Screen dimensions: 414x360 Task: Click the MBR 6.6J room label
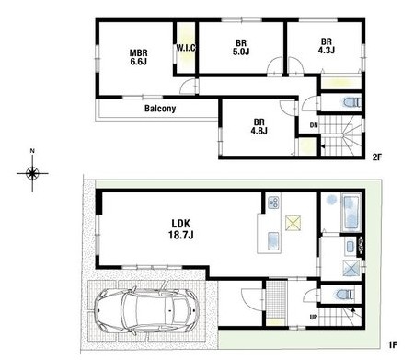coord(138,57)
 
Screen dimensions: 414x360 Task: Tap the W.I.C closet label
coord(186,48)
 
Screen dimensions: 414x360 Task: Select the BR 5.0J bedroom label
coord(241,47)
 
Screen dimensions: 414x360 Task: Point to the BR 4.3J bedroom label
coord(326,45)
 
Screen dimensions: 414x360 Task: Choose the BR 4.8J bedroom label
coord(259,126)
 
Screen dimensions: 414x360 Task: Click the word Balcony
coord(160,109)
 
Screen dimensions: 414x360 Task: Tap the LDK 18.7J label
coord(180,229)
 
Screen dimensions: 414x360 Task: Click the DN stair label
coord(314,125)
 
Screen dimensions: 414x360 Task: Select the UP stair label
coord(314,317)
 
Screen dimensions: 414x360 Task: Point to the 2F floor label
coord(376,157)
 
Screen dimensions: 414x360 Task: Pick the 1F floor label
coord(393,344)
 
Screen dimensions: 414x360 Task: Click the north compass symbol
coord(32,173)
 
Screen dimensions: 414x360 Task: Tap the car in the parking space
coord(146,310)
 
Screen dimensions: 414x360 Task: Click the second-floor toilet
coord(351,102)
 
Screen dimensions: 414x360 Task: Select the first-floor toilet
coord(344,295)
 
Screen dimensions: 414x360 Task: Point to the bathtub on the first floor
coord(351,213)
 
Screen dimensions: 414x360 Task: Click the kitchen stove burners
coord(273,202)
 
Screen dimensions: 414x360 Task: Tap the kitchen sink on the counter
coord(274,240)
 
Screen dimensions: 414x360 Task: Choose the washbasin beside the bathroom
coord(351,246)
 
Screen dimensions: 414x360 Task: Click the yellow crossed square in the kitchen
coord(293,223)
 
